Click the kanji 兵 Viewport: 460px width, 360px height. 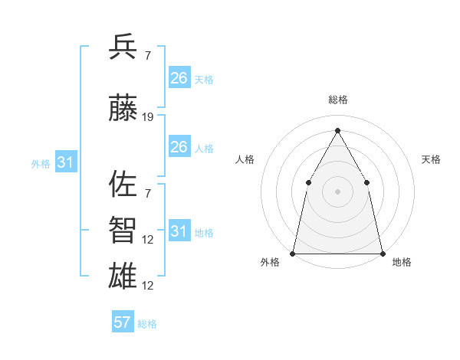point(123,47)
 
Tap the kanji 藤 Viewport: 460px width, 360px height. point(123,110)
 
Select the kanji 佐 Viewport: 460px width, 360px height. point(123,185)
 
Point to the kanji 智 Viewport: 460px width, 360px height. point(123,231)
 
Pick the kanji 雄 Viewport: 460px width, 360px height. point(123,276)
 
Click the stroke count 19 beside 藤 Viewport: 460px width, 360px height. point(148,117)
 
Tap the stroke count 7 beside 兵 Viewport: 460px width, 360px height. point(148,55)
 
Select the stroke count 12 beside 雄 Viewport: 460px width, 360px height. point(148,286)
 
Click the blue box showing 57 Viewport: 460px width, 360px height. point(123,322)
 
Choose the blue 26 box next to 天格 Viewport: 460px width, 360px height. point(179,78)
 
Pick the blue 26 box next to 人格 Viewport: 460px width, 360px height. point(179,147)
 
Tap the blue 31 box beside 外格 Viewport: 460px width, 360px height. point(66,162)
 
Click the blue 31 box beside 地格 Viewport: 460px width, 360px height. point(179,231)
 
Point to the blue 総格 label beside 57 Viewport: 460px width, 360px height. point(147,323)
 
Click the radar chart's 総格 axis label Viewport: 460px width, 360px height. point(337,100)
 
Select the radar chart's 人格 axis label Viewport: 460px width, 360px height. point(245,159)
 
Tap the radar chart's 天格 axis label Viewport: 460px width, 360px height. point(431,159)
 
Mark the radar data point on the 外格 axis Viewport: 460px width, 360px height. point(293,253)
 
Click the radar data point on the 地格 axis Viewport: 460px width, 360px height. point(382,253)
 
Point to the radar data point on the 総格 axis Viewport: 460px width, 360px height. point(337,130)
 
